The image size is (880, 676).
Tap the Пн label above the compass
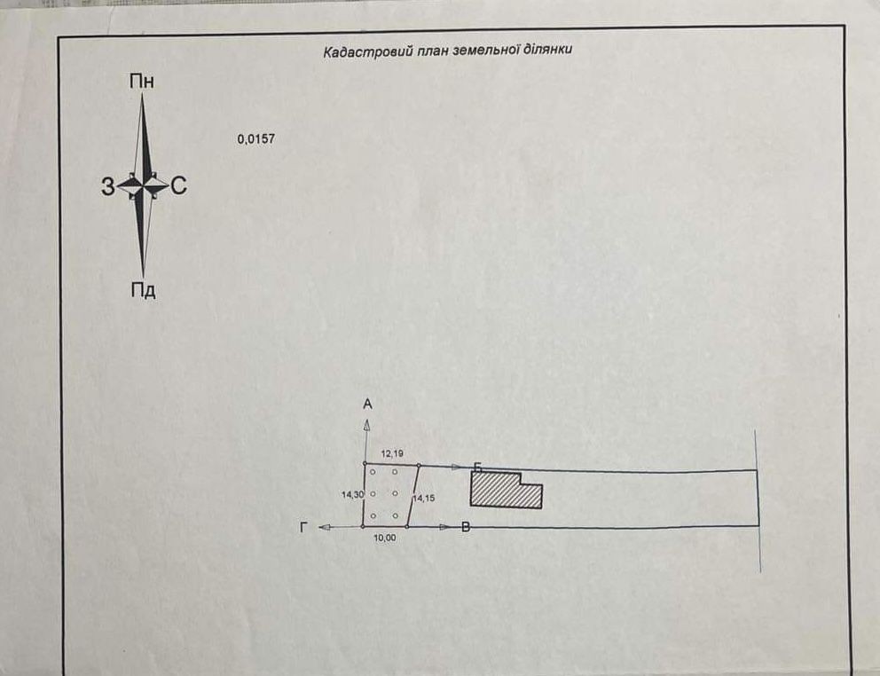coord(141,82)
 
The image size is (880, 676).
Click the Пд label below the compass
coord(143,291)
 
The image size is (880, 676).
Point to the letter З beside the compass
coord(107,186)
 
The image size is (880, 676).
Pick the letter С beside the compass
coord(178,185)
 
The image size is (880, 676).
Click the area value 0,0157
coord(255,138)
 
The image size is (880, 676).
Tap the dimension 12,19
coord(392,452)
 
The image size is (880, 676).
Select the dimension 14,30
coord(352,495)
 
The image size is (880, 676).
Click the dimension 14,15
coord(424,498)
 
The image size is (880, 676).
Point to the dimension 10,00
coord(384,538)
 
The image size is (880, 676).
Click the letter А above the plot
coord(367,405)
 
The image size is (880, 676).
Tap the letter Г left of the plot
coord(303,527)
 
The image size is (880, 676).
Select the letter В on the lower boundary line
coord(465,527)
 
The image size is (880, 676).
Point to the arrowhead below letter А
coord(366,425)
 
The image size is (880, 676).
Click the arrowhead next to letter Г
coord(325,527)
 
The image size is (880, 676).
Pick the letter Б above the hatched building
coord(478,468)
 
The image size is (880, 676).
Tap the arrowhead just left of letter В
coord(445,527)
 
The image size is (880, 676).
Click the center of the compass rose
coord(144,185)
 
